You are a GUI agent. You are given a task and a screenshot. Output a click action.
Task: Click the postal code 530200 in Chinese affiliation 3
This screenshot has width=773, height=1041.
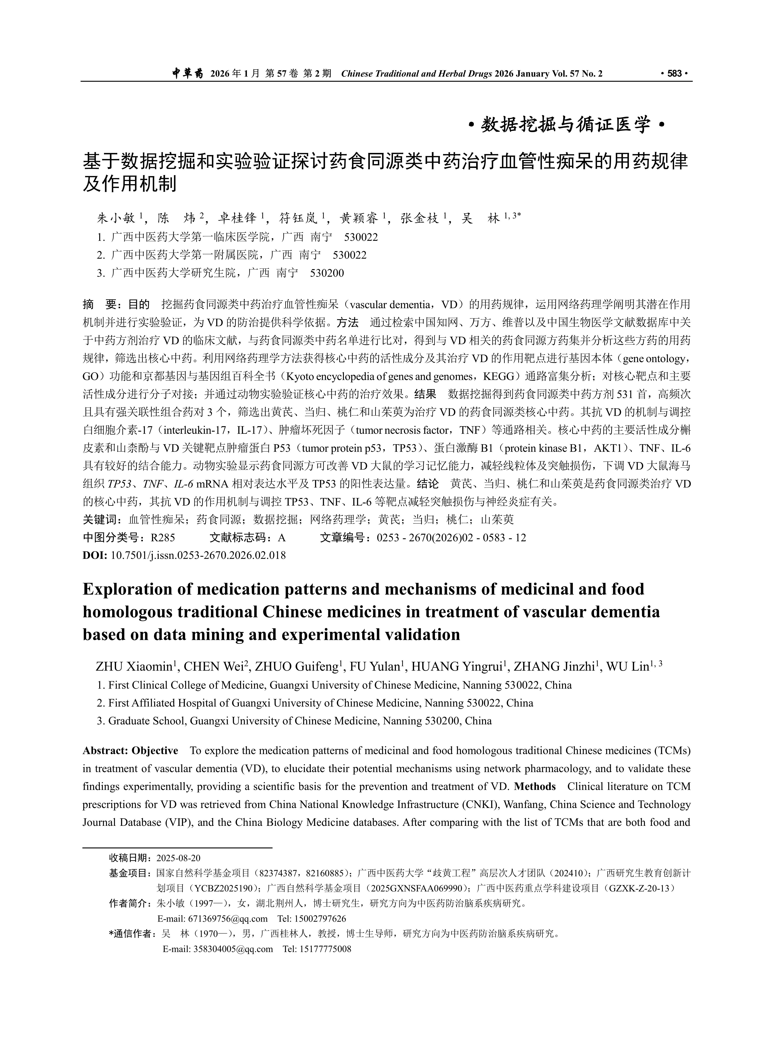[x=327, y=273]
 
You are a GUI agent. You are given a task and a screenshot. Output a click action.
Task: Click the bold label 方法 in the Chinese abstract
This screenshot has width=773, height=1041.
[x=347, y=323]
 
